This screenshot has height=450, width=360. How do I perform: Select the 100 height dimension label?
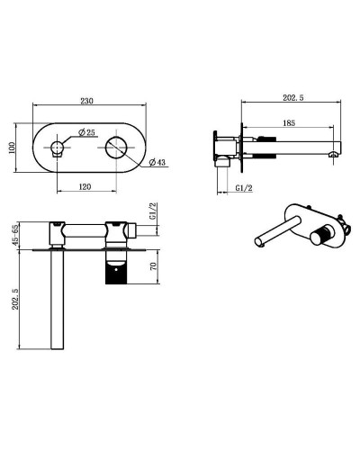coord(13,147)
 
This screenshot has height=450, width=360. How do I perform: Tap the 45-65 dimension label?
coord(13,235)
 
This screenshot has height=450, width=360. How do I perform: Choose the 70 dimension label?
coord(155,267)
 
